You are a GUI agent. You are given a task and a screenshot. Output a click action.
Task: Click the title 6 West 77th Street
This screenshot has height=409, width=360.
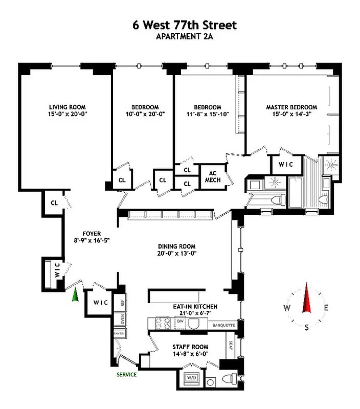pos(179,24)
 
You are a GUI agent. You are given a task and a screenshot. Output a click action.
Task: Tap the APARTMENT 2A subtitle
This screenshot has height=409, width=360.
pos(179,36)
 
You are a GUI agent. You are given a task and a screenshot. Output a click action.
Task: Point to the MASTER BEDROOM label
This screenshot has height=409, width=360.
pos(291,107)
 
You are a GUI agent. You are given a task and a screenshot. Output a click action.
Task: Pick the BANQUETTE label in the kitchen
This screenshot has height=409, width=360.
pos(222,325)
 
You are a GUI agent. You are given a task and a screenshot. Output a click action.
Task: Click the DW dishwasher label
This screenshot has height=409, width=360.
pos(180,321)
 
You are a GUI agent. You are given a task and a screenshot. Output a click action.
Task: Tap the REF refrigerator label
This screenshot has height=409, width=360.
pos(122,302)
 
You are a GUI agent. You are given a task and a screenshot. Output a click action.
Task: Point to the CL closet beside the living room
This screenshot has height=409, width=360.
pos(54,203)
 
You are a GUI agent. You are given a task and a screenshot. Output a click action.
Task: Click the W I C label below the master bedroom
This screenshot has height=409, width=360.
pos(283,165)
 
